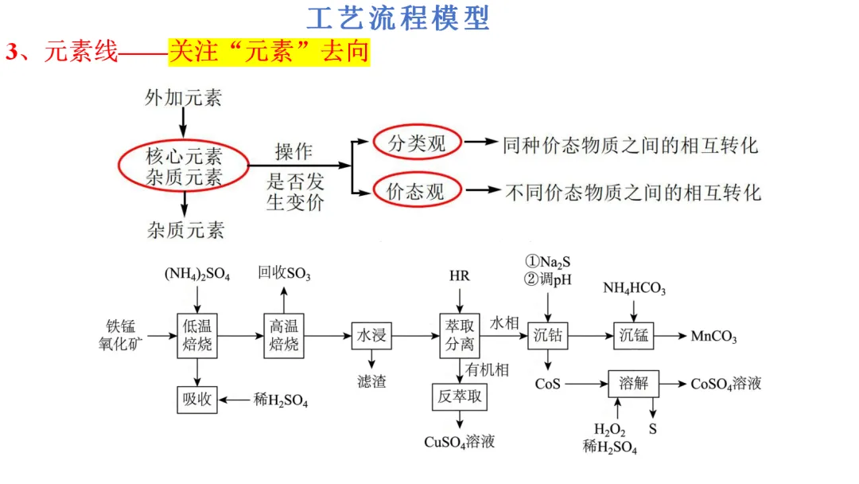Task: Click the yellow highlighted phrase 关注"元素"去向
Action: [269, 53]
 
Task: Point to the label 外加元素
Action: [183, 98]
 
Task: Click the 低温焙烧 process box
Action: [197, 335]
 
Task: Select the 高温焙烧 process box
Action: [284, 335]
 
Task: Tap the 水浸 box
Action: [371, 335]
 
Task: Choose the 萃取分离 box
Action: [459, 335]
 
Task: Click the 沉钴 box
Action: [548, 335]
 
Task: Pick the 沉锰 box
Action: [634, 335]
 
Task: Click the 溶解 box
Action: [634, 384]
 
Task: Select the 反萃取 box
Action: [459, 396]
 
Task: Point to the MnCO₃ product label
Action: [713, 337]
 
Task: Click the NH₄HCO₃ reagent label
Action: [634, 288]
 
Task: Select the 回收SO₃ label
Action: [284, 275]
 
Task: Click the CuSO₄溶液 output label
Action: [460, 441]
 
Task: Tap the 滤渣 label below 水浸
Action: [371, 381]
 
